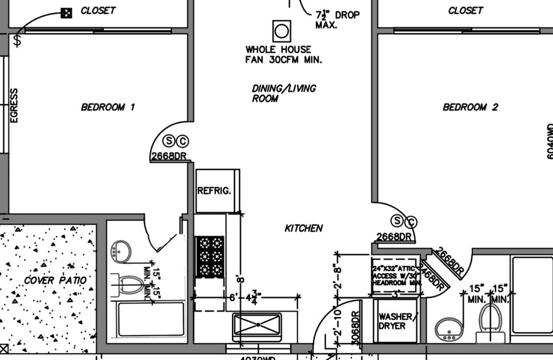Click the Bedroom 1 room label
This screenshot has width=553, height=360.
pyautogui.click(x=108, y=107)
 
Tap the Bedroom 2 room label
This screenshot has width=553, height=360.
pyautogui.click(x=470, y=107)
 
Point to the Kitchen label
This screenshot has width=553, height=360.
pyautogui.click(x=304, y=228)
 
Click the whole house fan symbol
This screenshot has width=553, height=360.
pyautogui.click(x=282, y=31)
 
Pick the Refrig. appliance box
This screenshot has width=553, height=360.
pyautogui.click(x=214, y=191)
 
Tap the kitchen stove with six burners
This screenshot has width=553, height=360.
pyautogui.click(x=210, y=256)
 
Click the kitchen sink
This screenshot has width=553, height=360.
pyautogui.click(x=257, y=324)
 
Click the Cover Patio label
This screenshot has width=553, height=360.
pyautogui.click(x=56, y=280)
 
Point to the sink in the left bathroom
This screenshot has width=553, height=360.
pyautogui.click(x=121, y=251)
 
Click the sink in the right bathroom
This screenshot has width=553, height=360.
pyautogui.click(x=449, y=329)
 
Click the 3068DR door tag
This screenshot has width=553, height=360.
pyautogui.click(x=355, y=328)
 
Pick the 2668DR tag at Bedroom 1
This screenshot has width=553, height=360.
pyautogui.click(x=168, y=156)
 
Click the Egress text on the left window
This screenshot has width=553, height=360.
pyautogui.click(x=14, y=105)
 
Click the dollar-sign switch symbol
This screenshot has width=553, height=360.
pyautogui.click(x=18, y=40)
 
